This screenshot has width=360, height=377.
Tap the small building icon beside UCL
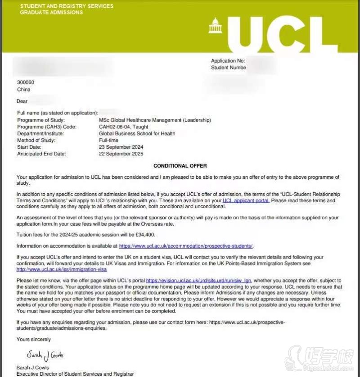(215, 26)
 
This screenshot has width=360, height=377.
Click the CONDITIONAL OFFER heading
(180, 166)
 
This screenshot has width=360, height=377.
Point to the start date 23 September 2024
(121, 147)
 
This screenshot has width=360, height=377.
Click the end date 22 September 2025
(121, 154)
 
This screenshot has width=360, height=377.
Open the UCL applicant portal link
(246, 200)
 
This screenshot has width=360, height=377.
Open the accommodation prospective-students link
(186, 246)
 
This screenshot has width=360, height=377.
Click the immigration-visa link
(62, 269)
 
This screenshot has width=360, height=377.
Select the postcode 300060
(25, 82)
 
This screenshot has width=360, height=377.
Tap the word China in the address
(23, 90)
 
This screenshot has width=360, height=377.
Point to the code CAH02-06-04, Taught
(124, 127)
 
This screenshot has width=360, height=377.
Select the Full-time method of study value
(108, 141)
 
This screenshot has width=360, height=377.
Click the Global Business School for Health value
(137, 134)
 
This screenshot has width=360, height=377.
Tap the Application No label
(228, 61)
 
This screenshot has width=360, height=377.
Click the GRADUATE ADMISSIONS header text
(51, 13)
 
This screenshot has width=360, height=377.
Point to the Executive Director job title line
(75, 374)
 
